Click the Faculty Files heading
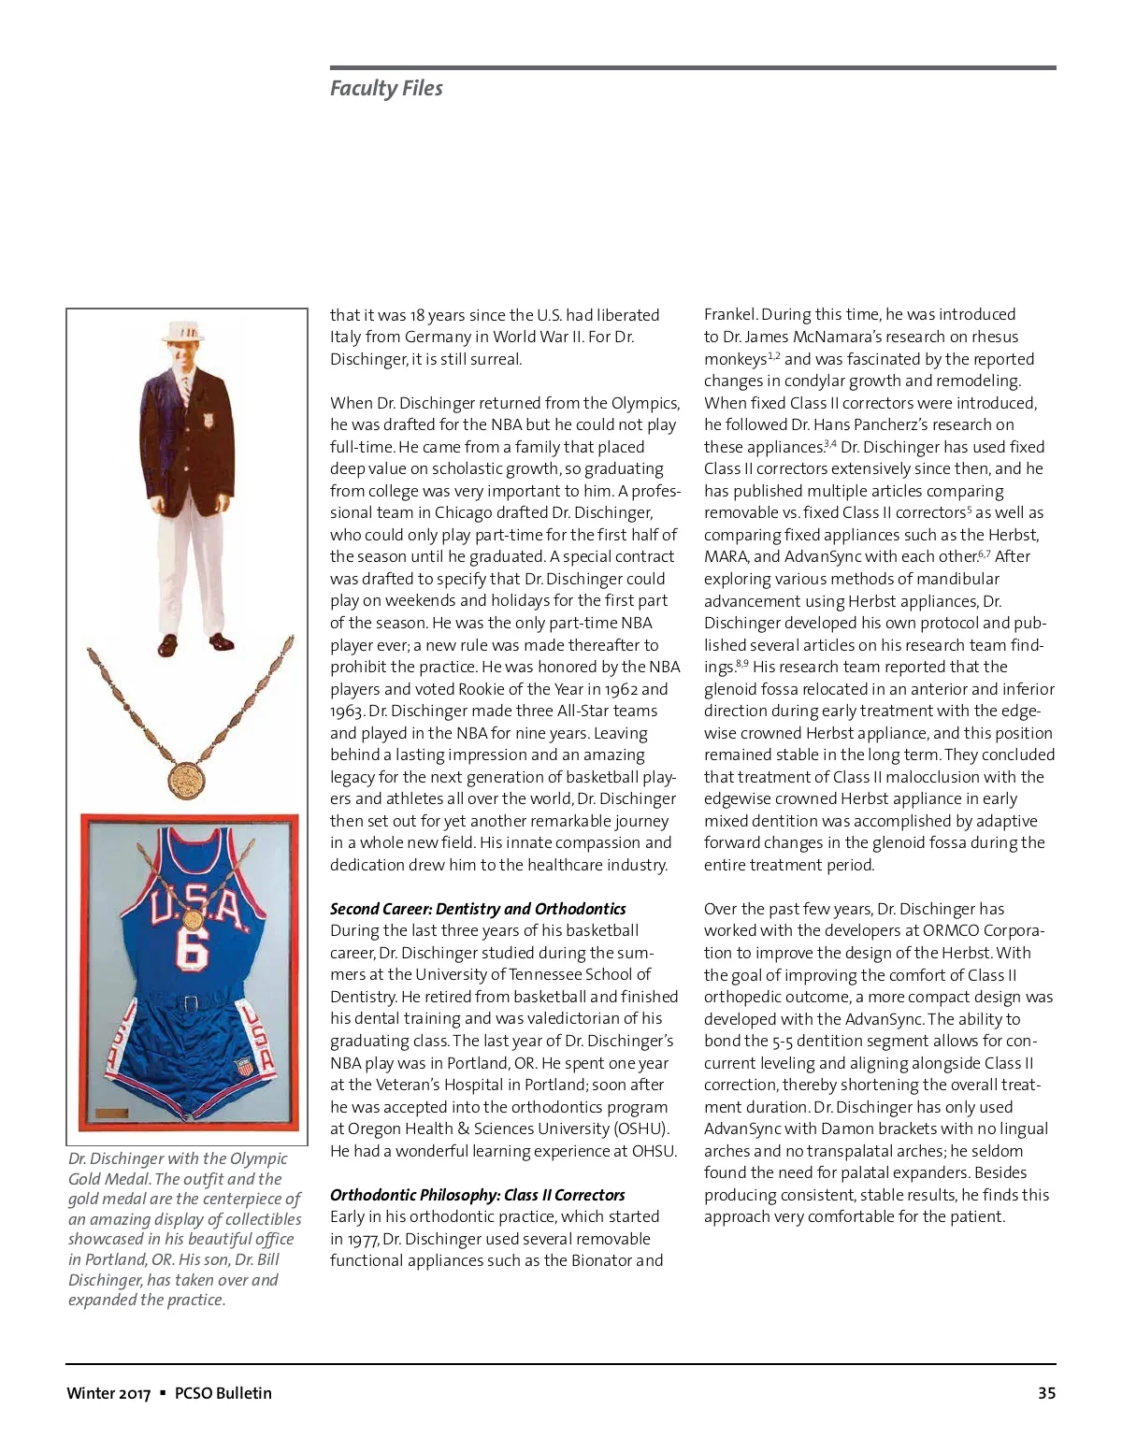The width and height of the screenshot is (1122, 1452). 386,89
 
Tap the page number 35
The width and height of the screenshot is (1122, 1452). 1046,1393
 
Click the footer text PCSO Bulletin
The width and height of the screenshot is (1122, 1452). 223,1393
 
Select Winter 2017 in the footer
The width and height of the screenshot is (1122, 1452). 108,1393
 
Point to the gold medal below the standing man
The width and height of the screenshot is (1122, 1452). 187,777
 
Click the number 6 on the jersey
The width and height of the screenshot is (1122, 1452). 192,945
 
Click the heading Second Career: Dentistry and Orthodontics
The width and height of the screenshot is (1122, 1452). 478,909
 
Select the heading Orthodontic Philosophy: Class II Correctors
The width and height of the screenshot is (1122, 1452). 477,1195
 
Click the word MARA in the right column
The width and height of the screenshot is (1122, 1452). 726,556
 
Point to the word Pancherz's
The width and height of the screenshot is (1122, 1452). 910,424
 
